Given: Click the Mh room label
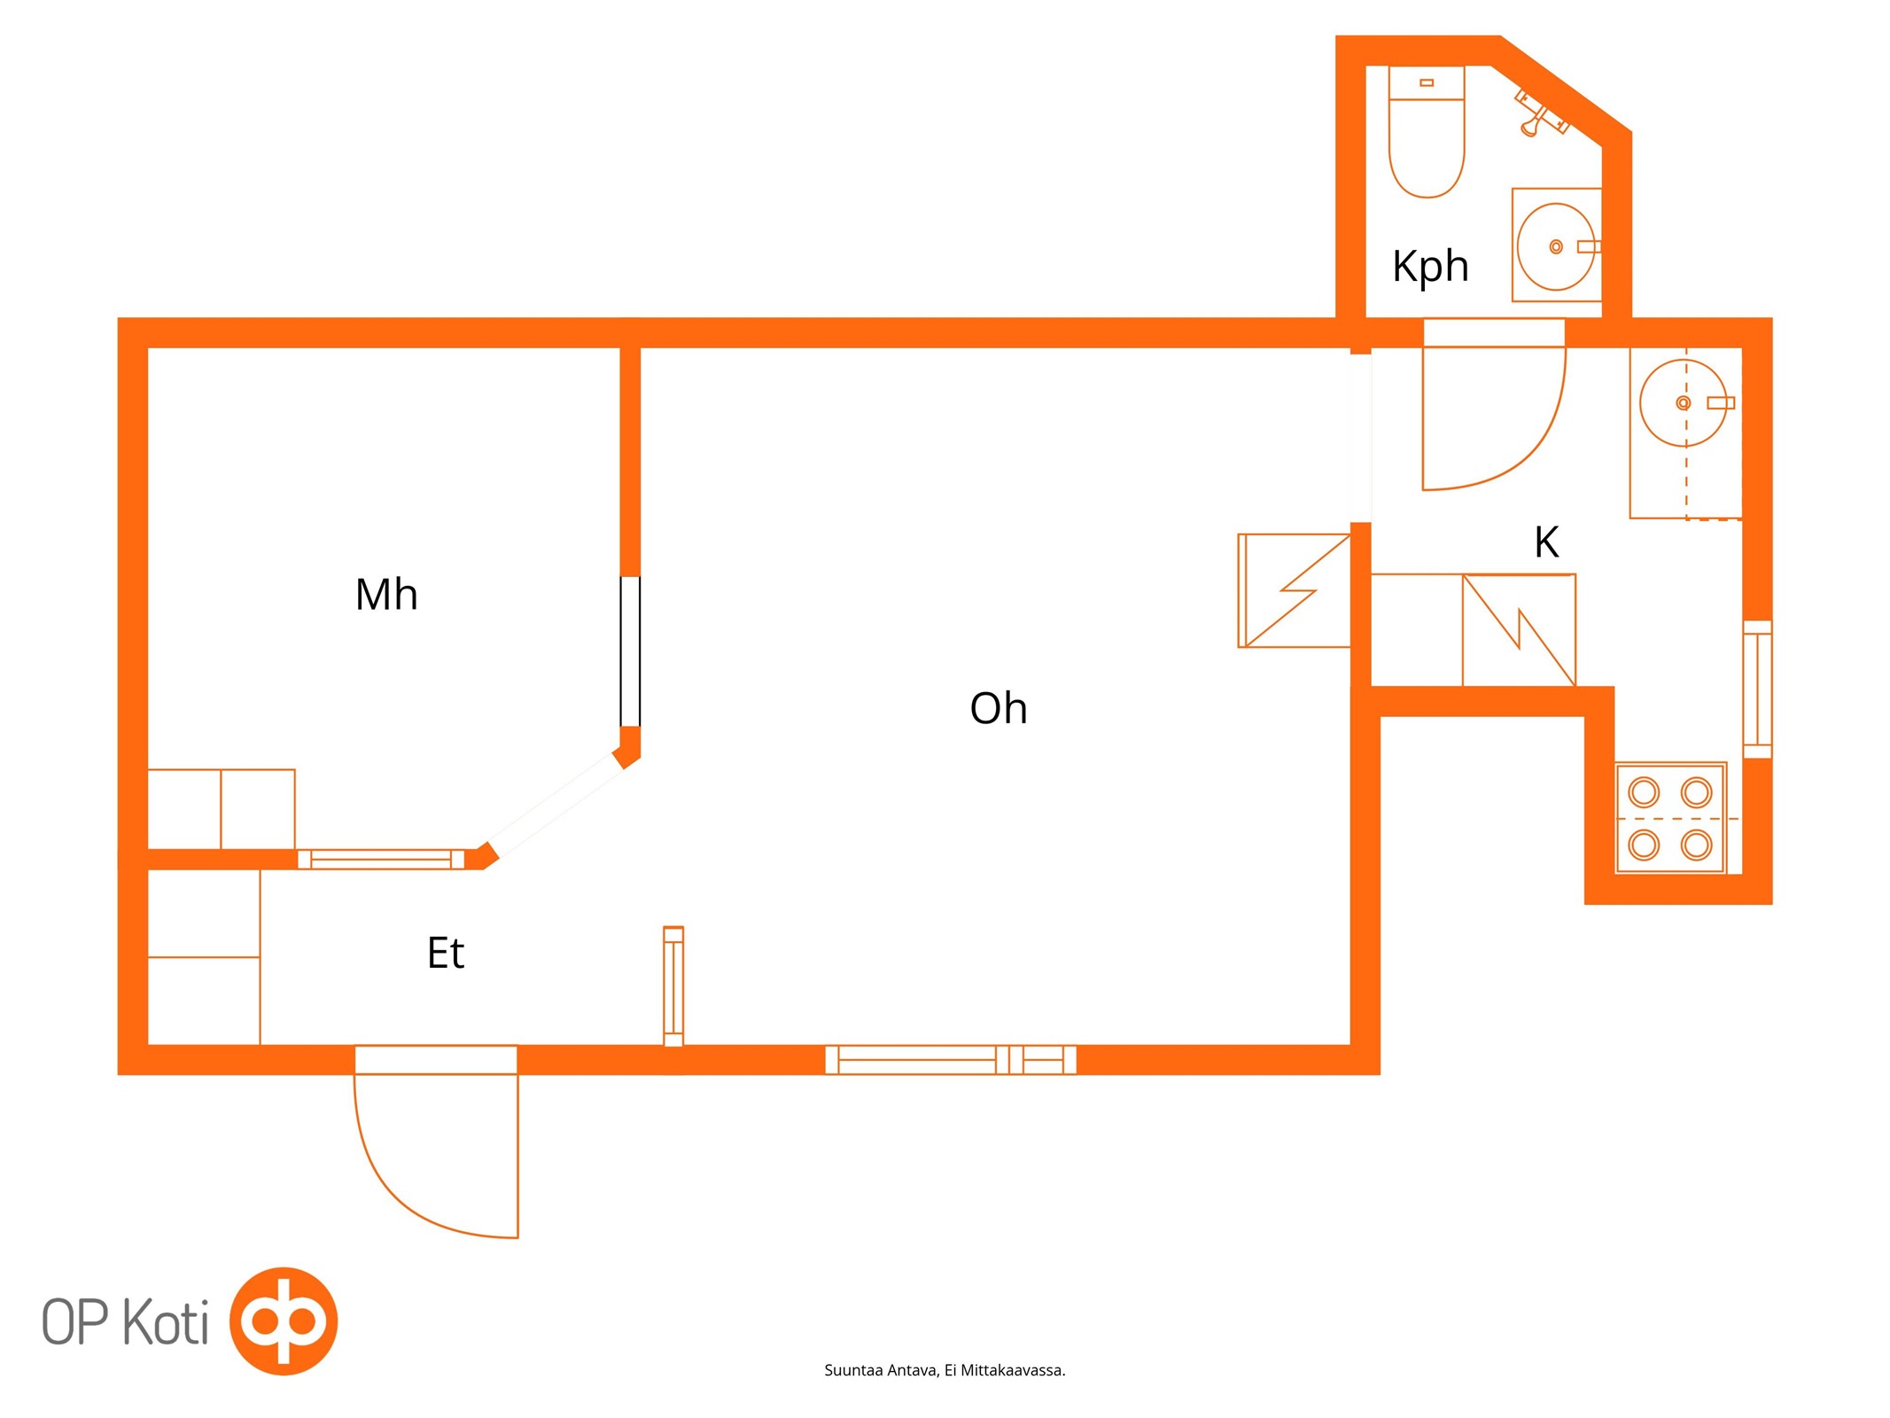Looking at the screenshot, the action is click(x=385, y=595).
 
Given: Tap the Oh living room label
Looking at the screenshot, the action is click(x=999, y=708).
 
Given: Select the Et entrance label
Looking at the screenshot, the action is click(x=446, y=953).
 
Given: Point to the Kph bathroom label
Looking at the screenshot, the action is click(x=1430, y=266).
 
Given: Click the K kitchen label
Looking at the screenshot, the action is click(x=1546, y=541).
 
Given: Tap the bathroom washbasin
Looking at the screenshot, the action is click(x=1556, y=245).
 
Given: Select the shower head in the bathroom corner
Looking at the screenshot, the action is click(x=1540, y=113).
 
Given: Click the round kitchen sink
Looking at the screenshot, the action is click(x=1684, y=402).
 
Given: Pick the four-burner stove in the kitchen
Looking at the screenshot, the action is click(x=1670, y=818).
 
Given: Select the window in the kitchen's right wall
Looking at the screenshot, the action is click(x=1757, y=690).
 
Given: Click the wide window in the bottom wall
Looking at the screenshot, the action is click(x=951, y=1060).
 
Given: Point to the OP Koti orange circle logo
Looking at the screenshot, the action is click(x=284, y=1321).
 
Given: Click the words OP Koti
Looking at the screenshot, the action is click(x=126, y=1323).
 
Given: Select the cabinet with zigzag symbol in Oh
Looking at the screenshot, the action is click(x=1294, y=590).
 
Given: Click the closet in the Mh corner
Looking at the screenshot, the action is click(x=222, y=809).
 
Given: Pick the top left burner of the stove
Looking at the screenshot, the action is click(x=1644, y=791).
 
